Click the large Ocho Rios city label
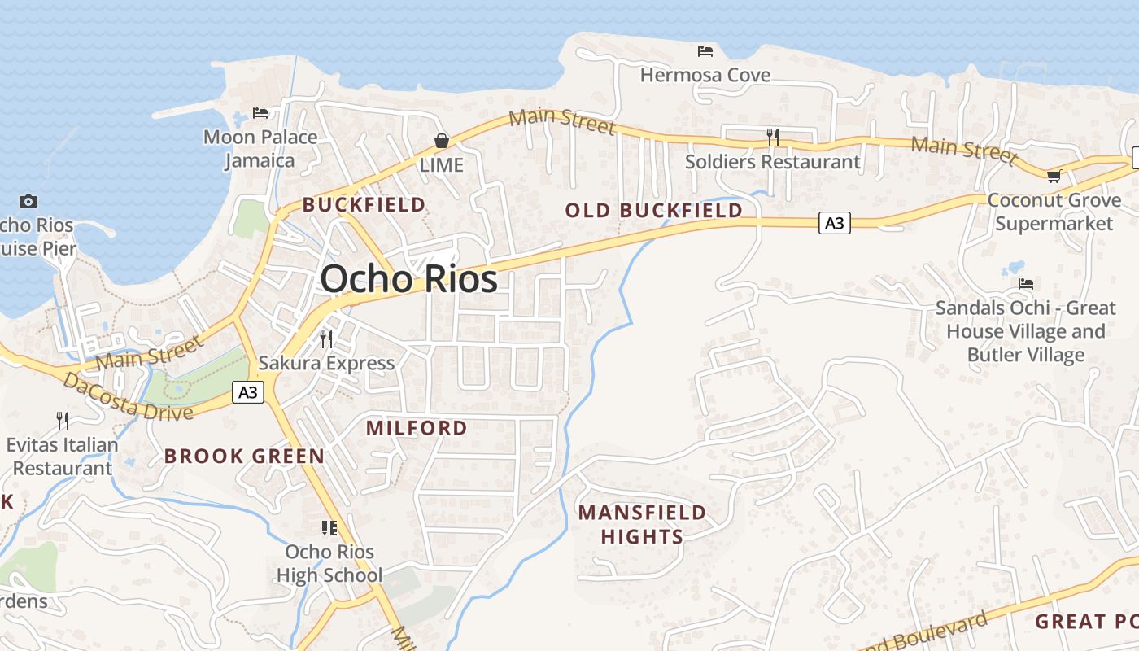pyautogui.click(x=408, y=279)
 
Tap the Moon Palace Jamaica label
pyautogui.click(x=260, y=148)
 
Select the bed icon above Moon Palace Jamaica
pyautogui.click(x=260, y=112)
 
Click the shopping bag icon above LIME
pyautogui.click(x=441, y=141)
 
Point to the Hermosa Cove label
pyautogui.click(x=705, y=75)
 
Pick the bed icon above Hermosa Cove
pyautogui.click(x=705, y=50)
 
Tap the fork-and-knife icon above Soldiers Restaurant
pyautogui.click(x=773, y=138)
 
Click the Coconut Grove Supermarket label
pyautogui.click(x=1054, y=212)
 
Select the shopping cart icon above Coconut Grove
pyautogui.click(x=1054, y=176)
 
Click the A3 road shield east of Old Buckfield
pyautogui.click(x=835, y=223)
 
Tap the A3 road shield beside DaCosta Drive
pyautogui.click(x=248, y=392)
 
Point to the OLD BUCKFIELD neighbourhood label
pyautogui.click(x=654, y=211)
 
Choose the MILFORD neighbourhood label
pyautogui.click(x=417, y=428)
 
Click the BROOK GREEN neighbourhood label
pyautogui.click(x=244, y=456)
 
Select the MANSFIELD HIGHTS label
pyautogui.click(x=642, y=525)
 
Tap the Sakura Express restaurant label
pyautogui.click(x=326, y=363)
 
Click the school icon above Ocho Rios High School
pyautogui.click(x=329, y=528)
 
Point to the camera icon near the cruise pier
pyautogui.click(x=28, y=201)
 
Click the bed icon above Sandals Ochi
pyautogui.click(x=1026, y=284)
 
